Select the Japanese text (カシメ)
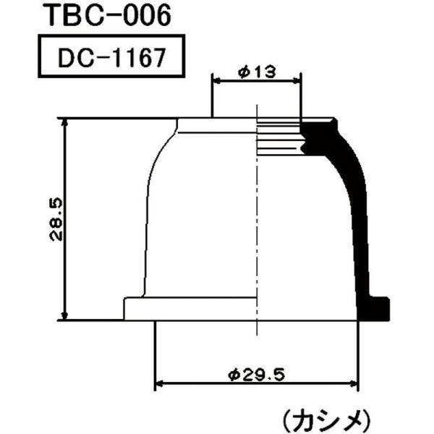point(326,418)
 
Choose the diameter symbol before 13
point(242,73)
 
